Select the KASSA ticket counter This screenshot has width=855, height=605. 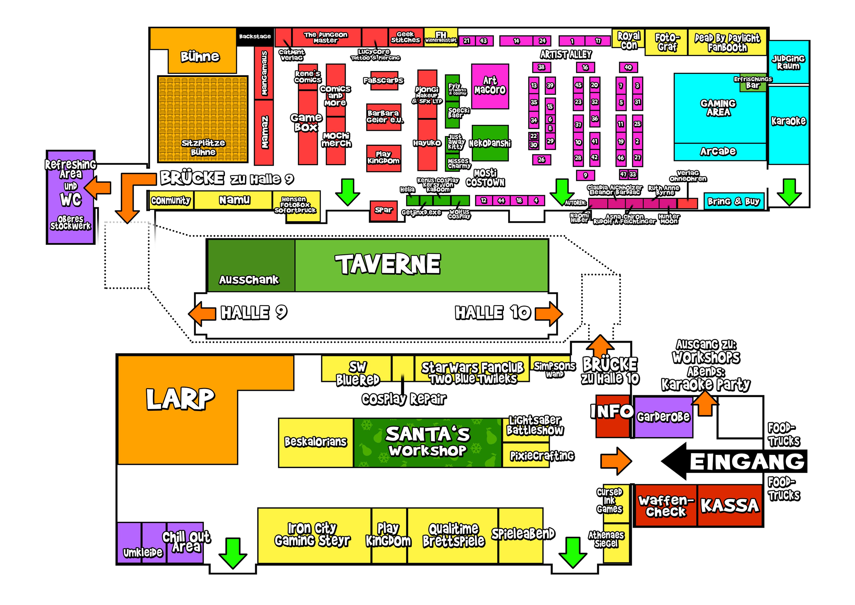730,505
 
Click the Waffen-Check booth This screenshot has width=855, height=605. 666,505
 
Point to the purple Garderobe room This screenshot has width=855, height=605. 663,417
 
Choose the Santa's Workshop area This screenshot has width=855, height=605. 427,443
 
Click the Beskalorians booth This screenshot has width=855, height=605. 316,443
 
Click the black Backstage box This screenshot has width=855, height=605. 255,37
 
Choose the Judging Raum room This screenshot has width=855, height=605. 788,62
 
